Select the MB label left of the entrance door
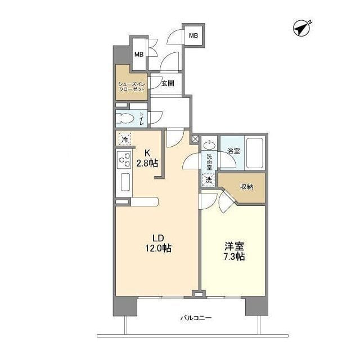(138, 55)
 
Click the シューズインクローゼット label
(131, 87)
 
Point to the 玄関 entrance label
(168, 84)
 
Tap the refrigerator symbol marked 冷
(124, 138)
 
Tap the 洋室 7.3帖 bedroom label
(233, 251)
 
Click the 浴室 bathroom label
(233, 151)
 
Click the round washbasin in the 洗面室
(209, 144)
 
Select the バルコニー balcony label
(196, 318)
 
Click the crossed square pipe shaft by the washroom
(196, 138)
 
